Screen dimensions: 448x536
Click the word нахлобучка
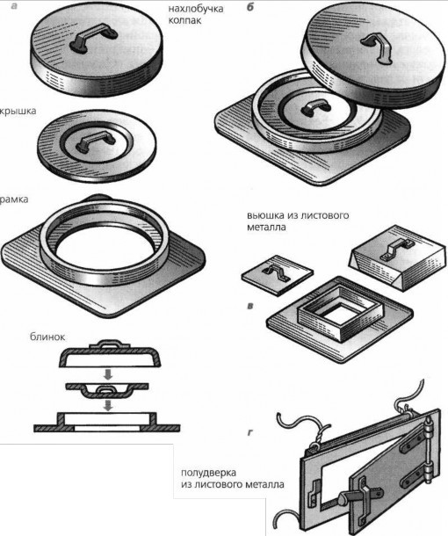(x=196, y=9)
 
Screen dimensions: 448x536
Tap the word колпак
(x=184, y=20)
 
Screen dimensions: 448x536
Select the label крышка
(x=18, y=112)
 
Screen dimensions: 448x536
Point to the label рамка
(x=14, y=199)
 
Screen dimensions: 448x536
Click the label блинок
(x=47, y=337)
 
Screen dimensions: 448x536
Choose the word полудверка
(x=208, y=473)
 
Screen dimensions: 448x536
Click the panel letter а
(x=14, y=5)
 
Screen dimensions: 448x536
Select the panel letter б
(x=249, y=7)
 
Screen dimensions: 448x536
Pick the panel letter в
(x=249, y=306)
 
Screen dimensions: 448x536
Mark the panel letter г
(x=249, y=433)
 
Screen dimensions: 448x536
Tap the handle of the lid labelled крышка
(x=92, y=142)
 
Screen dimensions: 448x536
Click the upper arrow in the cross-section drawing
(x=108, y=374)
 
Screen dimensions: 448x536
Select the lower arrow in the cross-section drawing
(x=108, y=405)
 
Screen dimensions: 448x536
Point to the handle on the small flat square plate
(x=275, y=273)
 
